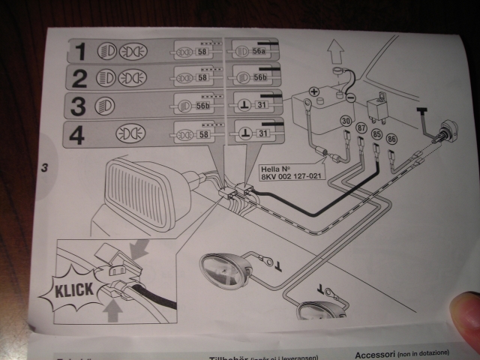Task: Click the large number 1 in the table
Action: pyautogui.click(x=80, y=51)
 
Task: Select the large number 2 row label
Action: pyautogui.click(x=79, y=78)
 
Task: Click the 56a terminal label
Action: pyautogui.click(x=259, y=51)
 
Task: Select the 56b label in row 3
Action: pyautogui.click(x=202, y=106)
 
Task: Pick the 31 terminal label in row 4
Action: pyautogui.click(x=262, y=133)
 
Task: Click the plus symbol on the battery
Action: pyautogui.click(x=313, y=93)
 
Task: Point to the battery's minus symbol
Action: pyautogui.click(x=349, y=98)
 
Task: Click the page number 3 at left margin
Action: pyautogui.click(x=45, y=169)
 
